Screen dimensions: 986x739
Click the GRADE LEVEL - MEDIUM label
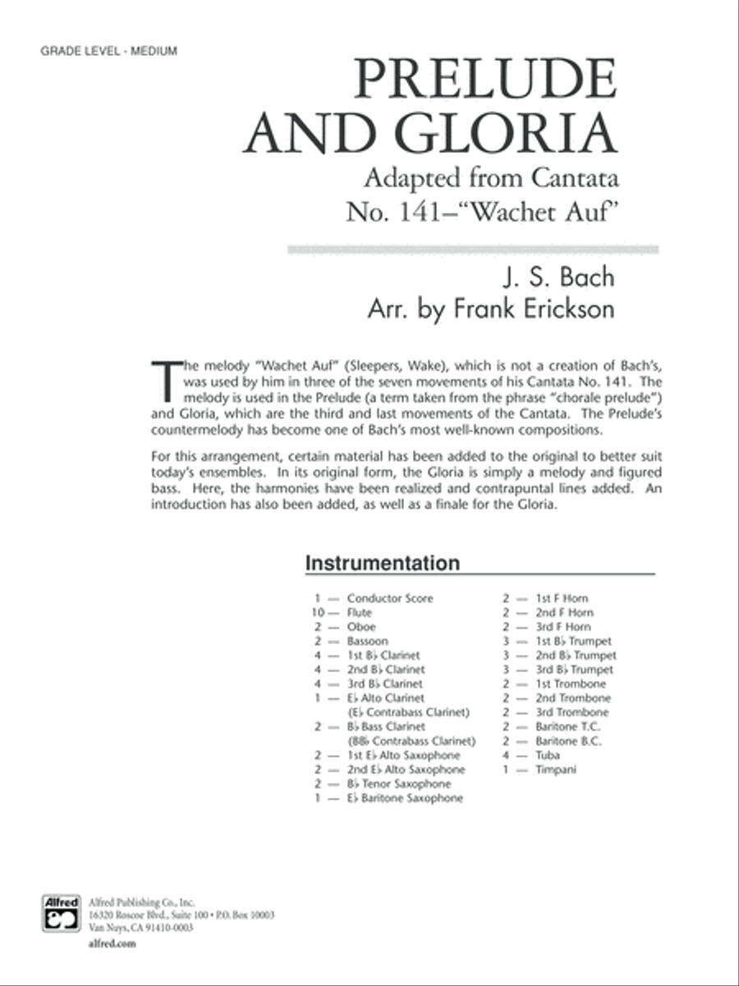(x=97, y=51)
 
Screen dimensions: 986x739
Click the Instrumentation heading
(x=382, y=564)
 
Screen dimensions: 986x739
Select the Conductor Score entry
(x=389, y=598)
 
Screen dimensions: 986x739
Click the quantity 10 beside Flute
(x=319, y=613)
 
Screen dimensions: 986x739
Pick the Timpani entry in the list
(x=557, y=769)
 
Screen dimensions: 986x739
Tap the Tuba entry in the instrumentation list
(x=548, y=755)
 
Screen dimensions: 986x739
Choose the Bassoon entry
(x=367, y=641)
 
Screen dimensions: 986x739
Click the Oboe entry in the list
(x=361, y=627)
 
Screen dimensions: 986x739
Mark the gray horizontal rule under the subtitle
(x=472, y=249)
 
